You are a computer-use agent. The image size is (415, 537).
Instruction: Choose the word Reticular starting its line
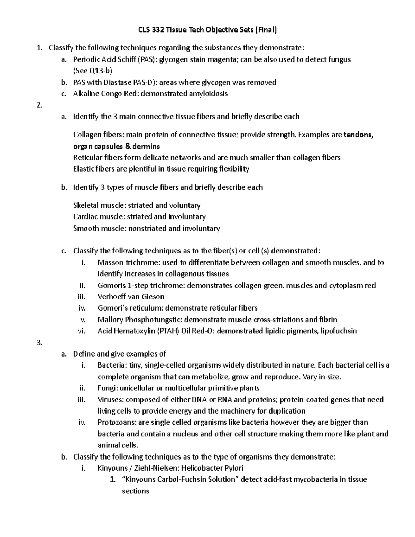87,158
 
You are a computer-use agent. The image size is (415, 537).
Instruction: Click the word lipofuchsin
339,331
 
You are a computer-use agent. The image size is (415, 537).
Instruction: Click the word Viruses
110,400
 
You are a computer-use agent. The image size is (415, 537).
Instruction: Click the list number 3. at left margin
39,343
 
